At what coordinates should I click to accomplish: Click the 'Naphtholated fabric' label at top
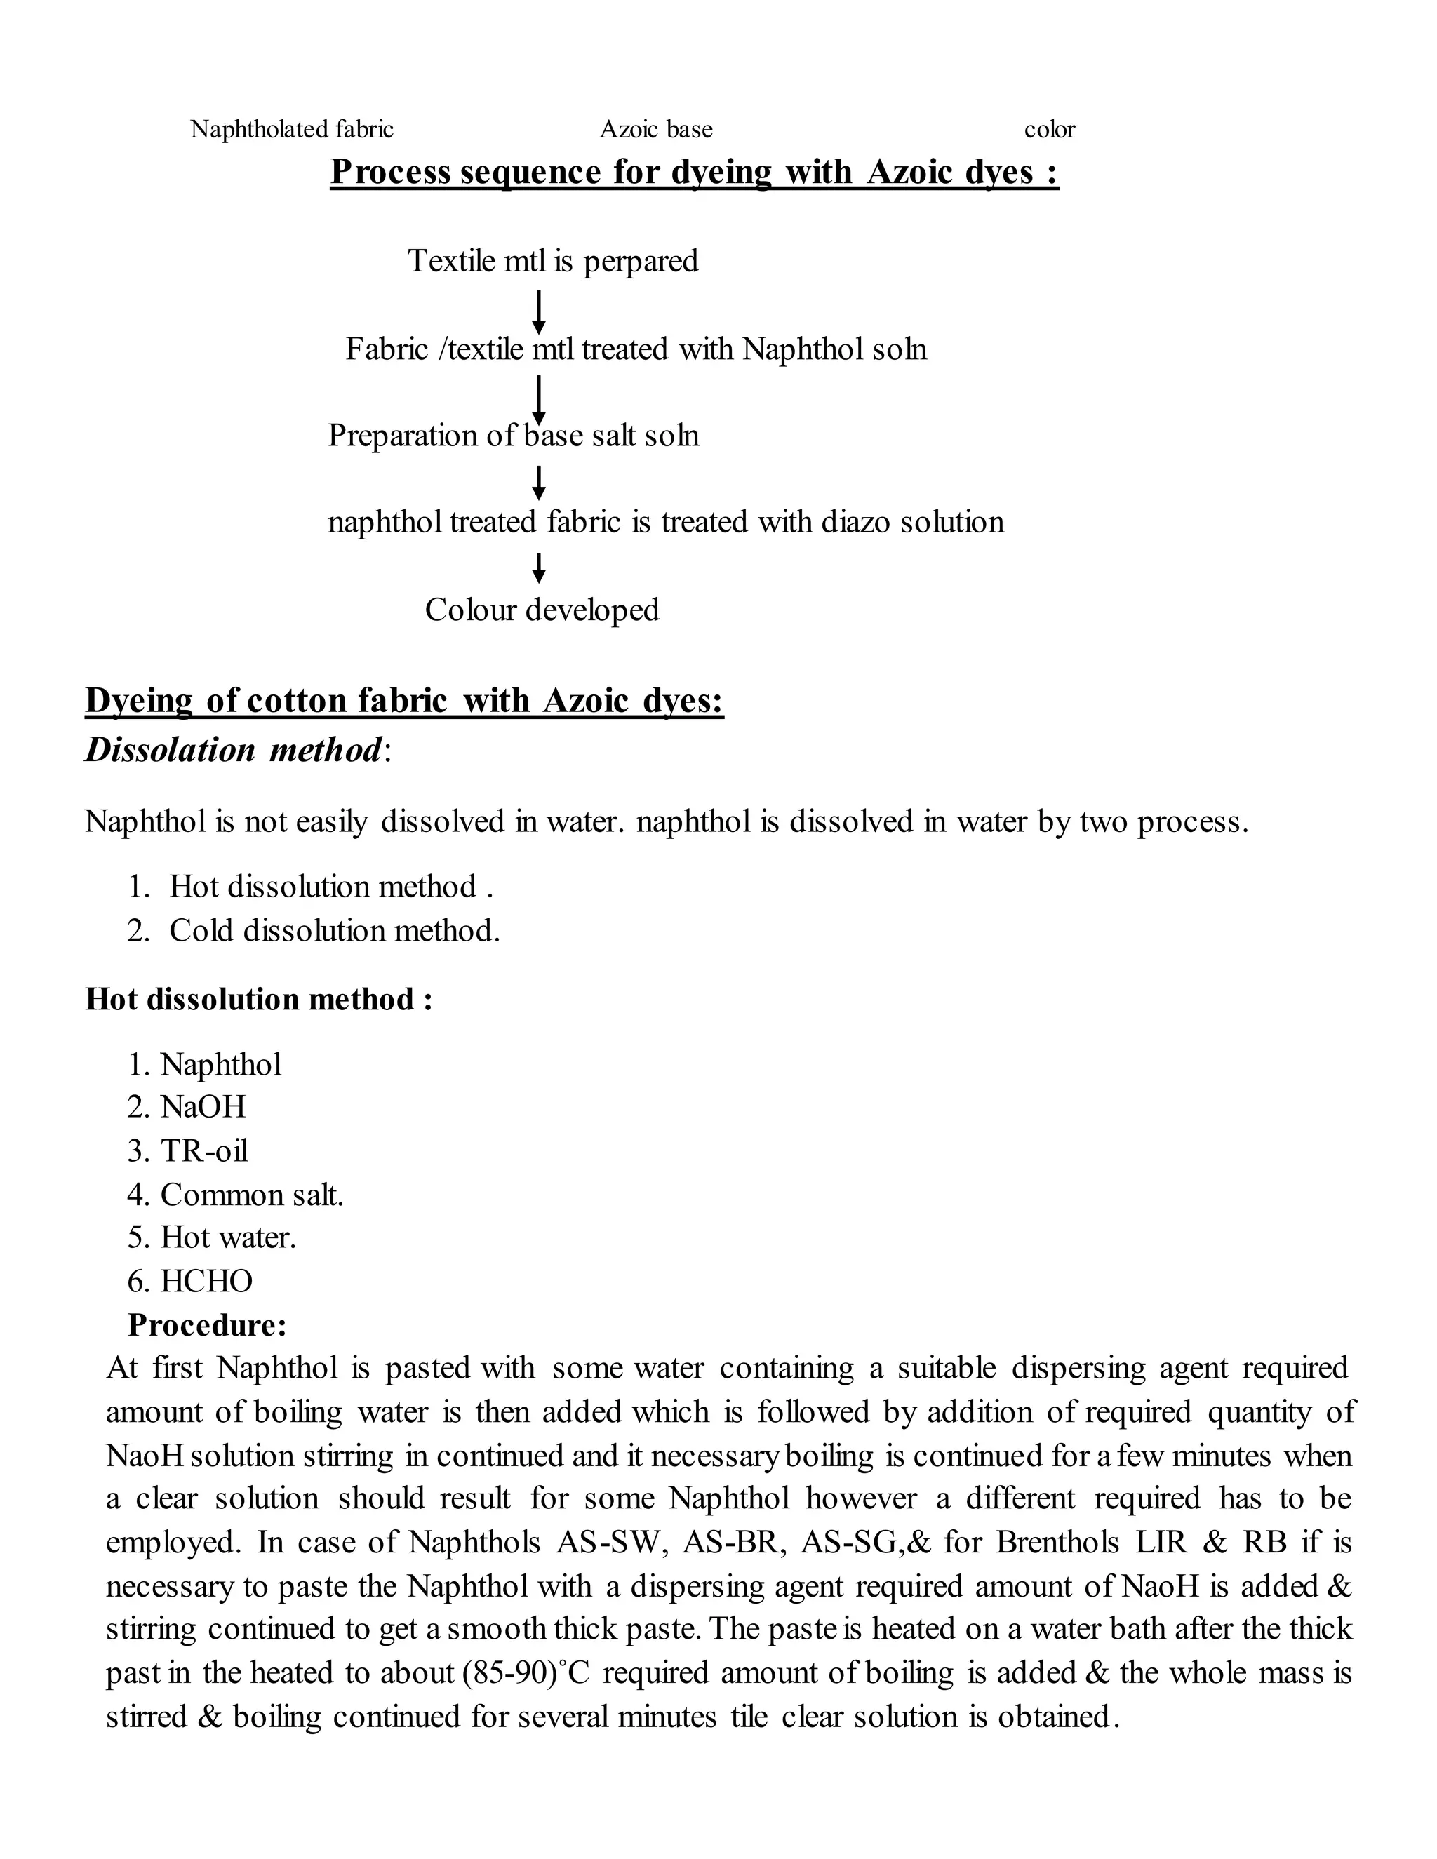tap(292, 129)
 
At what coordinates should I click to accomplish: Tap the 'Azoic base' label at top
tap(655, 129)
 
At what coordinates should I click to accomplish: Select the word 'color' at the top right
tap(1049, 129)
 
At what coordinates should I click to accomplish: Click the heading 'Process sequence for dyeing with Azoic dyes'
tap(694, 172)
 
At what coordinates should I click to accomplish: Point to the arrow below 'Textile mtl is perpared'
tap(538, 311)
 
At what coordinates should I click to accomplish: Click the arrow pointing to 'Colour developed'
tap(538, 568)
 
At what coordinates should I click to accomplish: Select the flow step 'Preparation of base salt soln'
tap(514, 436)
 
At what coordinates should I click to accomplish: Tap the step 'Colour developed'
tap(542, 610)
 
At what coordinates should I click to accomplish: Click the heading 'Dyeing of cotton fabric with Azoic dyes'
tap(404, 701)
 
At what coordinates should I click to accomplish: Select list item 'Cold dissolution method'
tap(334, 930)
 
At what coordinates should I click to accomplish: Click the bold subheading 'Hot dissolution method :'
tap(259, 998)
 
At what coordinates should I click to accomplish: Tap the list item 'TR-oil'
tap(204, 1150)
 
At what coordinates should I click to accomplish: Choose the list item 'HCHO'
tap(207, 1281)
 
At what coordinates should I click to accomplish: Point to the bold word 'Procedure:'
tap(207, 1324)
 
